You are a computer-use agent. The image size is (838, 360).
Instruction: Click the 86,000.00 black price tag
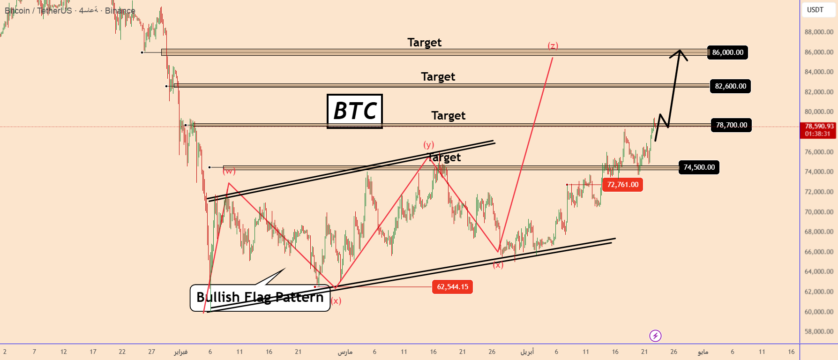727,52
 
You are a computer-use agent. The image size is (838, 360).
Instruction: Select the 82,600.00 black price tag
730,86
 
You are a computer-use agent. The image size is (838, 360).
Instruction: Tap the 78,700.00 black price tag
731,125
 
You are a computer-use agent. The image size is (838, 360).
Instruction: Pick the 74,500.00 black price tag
699,167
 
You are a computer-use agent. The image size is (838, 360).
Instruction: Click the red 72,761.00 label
622,185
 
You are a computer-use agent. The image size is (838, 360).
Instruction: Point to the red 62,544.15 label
452,287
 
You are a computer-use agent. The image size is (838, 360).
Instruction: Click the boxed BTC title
355,111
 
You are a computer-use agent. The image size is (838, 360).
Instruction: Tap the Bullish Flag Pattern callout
260,298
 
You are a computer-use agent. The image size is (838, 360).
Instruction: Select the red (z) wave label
553,45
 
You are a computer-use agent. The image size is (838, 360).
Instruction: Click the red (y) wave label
429,144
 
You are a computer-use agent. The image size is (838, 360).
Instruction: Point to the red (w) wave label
229,171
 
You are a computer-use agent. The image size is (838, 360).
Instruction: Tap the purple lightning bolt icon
655,336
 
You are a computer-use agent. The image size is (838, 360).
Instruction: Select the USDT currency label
815,10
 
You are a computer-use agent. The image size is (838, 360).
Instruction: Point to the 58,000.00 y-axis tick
819,331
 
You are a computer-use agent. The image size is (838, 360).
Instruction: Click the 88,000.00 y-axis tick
819,32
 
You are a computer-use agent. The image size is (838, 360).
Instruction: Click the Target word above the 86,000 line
424,43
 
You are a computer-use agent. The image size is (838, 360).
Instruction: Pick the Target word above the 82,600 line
438,77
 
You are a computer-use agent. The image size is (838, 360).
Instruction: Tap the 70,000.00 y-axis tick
819,212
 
